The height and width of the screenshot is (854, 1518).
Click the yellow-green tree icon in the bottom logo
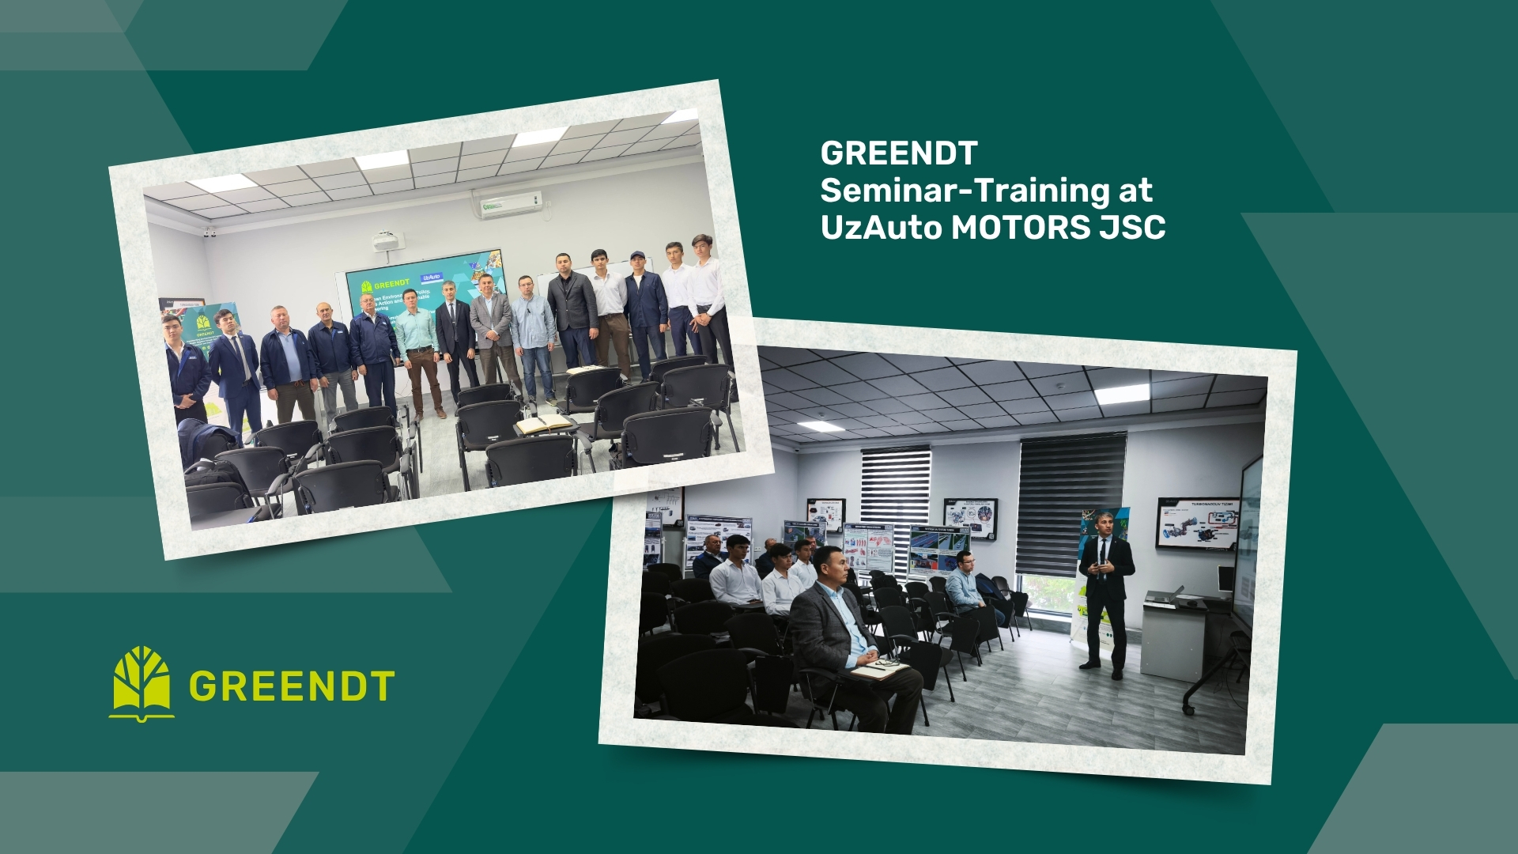click(142, 682)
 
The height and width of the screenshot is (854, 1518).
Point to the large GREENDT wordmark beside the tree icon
click(292, 686)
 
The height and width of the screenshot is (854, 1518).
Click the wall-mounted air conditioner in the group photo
click(508, 202)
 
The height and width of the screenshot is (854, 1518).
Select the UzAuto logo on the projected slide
click(431, 278)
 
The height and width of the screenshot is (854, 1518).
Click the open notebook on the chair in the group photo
click(544, 424)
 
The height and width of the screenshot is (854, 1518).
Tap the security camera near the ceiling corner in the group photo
click(210, 232)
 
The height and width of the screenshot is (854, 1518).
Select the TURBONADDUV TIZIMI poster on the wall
click(1197, 523)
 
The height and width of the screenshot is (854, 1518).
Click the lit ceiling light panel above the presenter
click(1122, 394)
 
